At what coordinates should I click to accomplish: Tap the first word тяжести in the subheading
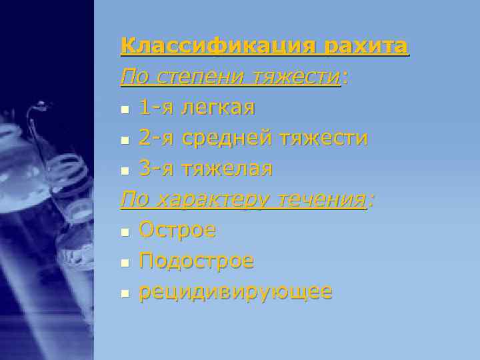298,77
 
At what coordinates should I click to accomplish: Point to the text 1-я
155,107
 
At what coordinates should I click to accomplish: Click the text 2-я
155,138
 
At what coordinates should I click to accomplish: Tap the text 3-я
155,169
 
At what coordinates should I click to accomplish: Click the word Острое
177,230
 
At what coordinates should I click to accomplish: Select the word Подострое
196,261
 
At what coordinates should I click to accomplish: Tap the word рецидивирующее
235,292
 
